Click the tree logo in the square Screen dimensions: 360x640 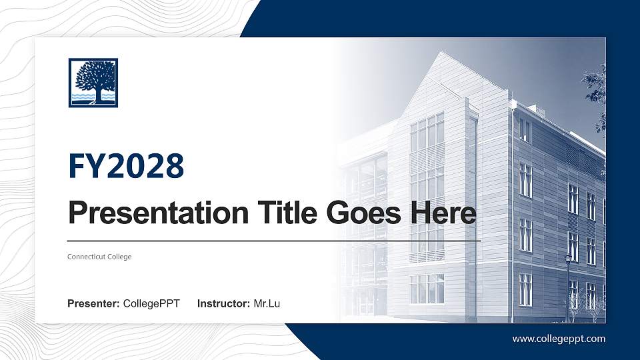pos(93,83)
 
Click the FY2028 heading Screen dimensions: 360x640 pos(126,166)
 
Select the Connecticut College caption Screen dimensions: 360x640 pos(99,257)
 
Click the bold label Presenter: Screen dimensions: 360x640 pos(93,304)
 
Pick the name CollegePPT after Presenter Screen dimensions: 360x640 pos(151,304)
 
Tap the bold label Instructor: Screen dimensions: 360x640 pos(224,304)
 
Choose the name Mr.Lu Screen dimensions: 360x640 pos(267,304)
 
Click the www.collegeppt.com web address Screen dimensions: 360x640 pos(559,339)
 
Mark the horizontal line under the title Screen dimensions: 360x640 pos(274,240)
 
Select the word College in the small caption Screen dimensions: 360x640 pos(119,257)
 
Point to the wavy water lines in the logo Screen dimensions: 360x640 pos(93,97)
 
